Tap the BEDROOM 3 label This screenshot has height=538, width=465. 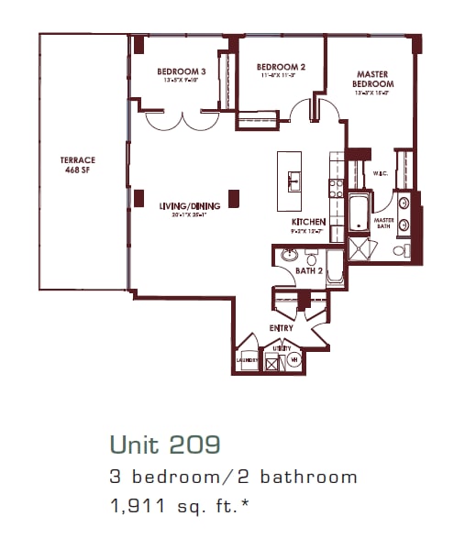(x=181, y=71)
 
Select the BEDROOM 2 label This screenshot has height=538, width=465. (x=280, y=67)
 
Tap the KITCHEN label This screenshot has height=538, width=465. (x=309, y=222)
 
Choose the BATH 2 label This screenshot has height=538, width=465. (x=308, y=271)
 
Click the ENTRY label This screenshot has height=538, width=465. (x=281, y=327)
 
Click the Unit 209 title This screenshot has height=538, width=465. (x=164, y=445)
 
